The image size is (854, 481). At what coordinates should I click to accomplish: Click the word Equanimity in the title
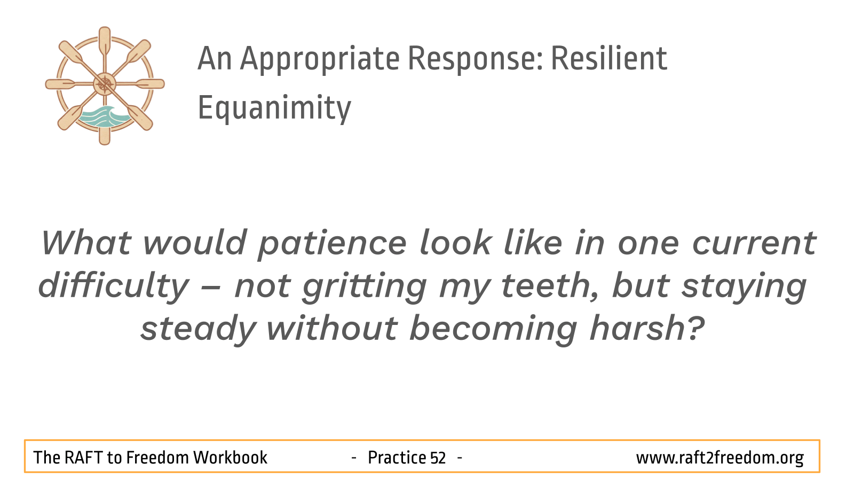pyautogui.click(x=274, y=108)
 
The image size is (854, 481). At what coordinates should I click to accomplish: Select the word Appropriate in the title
pyautogui.click(x=320, y=61)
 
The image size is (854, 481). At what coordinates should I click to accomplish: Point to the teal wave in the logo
pyautogui.click(x=105, y=117)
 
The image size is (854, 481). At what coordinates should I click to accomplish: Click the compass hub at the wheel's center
pyautogui.click(x=105, y=84)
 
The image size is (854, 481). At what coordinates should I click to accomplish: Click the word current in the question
pyautogui.click(x=754, y=244)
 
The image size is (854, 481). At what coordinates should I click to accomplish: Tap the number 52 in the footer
pyautogui.click(x=438, y=457)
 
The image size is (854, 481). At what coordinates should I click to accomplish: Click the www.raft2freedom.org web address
pyautogui.click(x=720, y=458)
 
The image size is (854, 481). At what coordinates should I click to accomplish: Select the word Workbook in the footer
pyautogui.click(x=230, y=457)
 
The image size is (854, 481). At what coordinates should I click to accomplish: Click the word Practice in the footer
pyautogui.click(x=397, y=457)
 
